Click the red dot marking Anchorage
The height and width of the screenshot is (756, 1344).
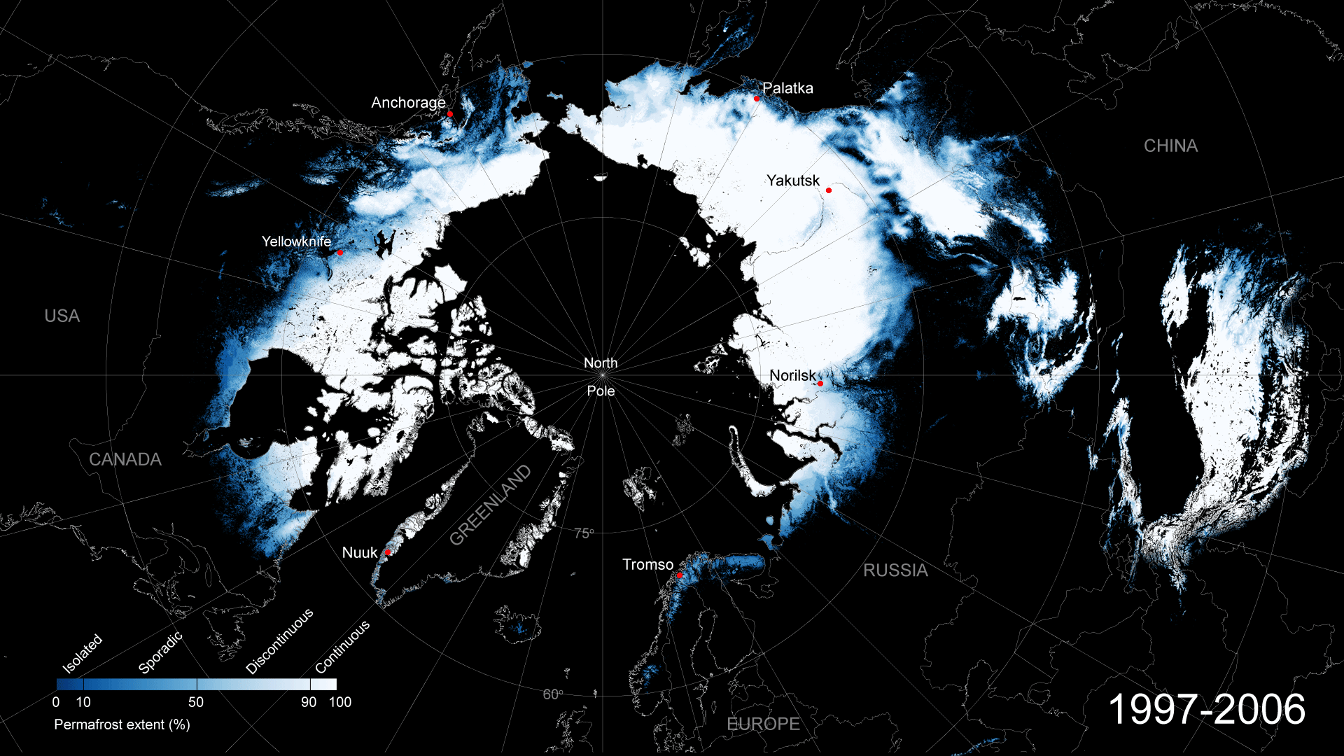(450, 113)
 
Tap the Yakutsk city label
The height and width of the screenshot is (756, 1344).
(792, 181)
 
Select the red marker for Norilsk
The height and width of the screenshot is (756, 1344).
(820, 384)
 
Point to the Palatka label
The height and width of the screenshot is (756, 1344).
(787, 88)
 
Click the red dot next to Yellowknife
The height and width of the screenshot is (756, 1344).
(340, 253)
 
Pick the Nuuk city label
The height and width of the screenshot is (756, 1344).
(360, 553)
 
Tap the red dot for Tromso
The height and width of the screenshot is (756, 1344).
(679, 575)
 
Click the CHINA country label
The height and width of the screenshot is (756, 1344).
(1170, 146)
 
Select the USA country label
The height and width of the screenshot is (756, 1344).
(62, 316)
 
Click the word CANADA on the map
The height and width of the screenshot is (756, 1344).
(125, 460)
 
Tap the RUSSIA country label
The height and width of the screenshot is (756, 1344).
(895, 570)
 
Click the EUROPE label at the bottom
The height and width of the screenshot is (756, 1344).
(763, 724)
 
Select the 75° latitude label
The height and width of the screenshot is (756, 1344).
(584, 534)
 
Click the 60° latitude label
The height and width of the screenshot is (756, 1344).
(553, 694)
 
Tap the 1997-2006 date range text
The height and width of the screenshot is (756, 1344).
(1207, 710)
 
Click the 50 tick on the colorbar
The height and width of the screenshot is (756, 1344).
(196, 702)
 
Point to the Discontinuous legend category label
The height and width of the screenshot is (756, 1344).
(280, 642)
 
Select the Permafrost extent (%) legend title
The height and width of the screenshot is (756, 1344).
(122, 725)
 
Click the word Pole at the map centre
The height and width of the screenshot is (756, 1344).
(601, 391)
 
